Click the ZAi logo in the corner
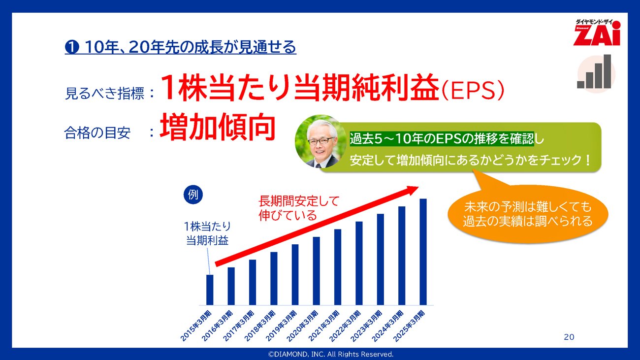pyautogui.click(x=597, y=33)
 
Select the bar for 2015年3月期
pyautogui.click(x=210, y=290)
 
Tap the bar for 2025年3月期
pyautogui.click(x=423, y=252)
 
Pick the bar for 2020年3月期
pyautogui.click(x=316, y=271)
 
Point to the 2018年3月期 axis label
pyautogui.click(x=260, y=326)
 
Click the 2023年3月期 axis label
pyautogui.click(x=367, y=326)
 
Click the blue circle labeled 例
pyautogui.click(x=193, y=195)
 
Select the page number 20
pyautogui.click(x=569, y=337)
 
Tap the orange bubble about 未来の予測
pyautogui.click(x=527, y=214)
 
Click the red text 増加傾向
pyautogui.click(x=218, y=127)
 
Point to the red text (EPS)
pyautogui.click(x=472, y=91)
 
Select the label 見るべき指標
pyautogui.click(x=104, y=94)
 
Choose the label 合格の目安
pyautogui.click(x=97, y=133)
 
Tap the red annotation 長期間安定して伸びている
pyautogui.click(x=298, y=208)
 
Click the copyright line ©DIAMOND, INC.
pyautogui.click(x=330, y=354)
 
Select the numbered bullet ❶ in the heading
pyautogui.click(x=72, y=47)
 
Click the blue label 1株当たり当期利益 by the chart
pyautogui.click(x=207, y=233)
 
